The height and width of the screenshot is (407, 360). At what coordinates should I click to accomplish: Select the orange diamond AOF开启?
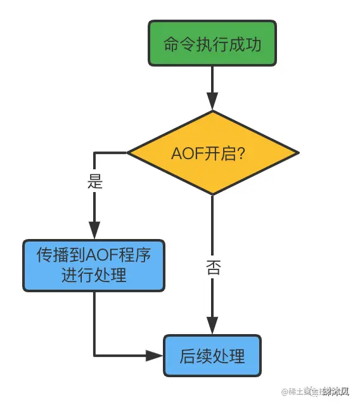pos(212,153)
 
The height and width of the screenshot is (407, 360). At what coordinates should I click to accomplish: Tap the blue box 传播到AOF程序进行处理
pos(94,266)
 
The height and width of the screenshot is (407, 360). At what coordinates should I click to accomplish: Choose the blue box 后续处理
pos(212,356)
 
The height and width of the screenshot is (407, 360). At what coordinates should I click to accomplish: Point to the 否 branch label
pos(213,267)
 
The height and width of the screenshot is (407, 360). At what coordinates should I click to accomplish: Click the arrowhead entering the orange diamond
pos(212,101)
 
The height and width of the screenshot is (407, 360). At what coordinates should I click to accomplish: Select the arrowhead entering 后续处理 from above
pos(212,324)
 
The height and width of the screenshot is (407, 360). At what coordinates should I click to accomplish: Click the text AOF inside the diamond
pos(186,153)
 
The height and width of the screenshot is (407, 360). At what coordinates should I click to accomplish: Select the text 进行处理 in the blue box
pos(94,276)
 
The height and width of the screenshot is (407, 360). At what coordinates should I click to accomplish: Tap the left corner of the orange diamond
pos(129,153)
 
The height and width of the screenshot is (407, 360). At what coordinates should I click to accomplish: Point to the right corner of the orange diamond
pos(297,153)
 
